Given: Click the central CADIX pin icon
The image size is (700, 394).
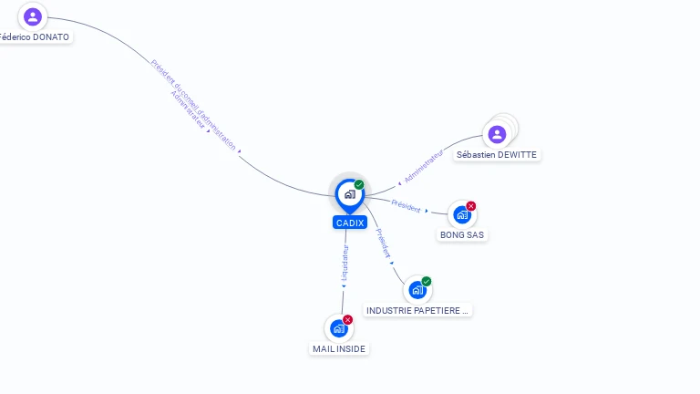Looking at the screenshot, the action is [349, 193].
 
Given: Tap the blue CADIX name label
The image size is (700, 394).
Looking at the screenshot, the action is [350, 223].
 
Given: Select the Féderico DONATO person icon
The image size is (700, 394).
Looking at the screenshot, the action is [33, 16].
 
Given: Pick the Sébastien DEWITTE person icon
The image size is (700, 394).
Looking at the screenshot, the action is [497, 134].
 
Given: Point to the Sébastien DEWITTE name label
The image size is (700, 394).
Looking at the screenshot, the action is [497, 155].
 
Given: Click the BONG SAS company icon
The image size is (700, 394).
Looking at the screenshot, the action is [461, 214].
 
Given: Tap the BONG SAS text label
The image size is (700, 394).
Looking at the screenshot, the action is [463, 234].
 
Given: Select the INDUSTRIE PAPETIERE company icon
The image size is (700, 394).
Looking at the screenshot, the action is [417, 290].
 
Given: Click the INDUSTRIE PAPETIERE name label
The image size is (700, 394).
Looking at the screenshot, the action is [417, 310].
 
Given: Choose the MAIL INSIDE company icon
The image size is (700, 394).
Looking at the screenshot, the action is [339, 328].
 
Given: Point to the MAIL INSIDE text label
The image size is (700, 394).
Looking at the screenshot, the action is [339, 348].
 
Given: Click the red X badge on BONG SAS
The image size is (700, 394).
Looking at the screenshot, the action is [471, 206].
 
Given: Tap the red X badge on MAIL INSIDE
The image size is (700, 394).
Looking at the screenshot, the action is [348, 320].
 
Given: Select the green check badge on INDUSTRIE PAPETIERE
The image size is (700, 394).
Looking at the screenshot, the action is [427, 282].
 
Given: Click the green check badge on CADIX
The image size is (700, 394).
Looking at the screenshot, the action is [359, 184].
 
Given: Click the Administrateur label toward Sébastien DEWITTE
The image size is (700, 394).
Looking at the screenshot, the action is [423, 166].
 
